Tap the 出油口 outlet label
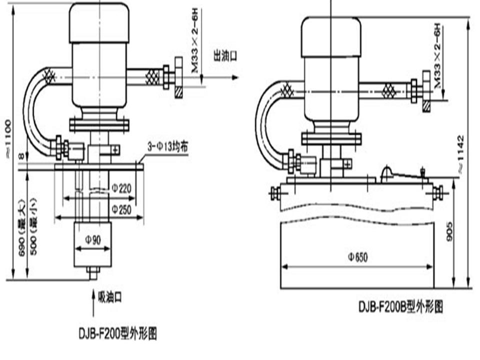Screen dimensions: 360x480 tap(225, 55)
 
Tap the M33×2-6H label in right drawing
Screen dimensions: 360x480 tap(438, 56)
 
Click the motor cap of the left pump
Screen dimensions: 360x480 tap(99, 22)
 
